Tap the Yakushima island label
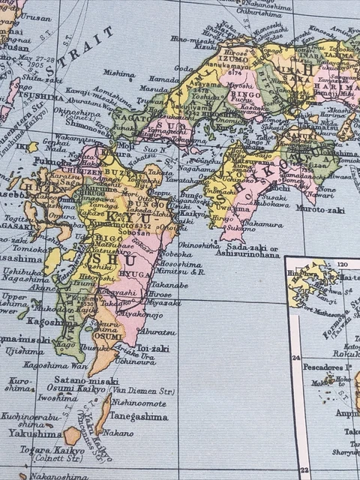pos(35,433)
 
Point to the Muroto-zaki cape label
pos(320,209)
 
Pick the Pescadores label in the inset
pos(327,367)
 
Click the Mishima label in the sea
pos(119,74)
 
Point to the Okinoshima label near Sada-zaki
pos(199,244)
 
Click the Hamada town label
pos(164,78)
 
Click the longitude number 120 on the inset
pos(345,265)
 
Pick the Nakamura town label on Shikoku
pos(262,223)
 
